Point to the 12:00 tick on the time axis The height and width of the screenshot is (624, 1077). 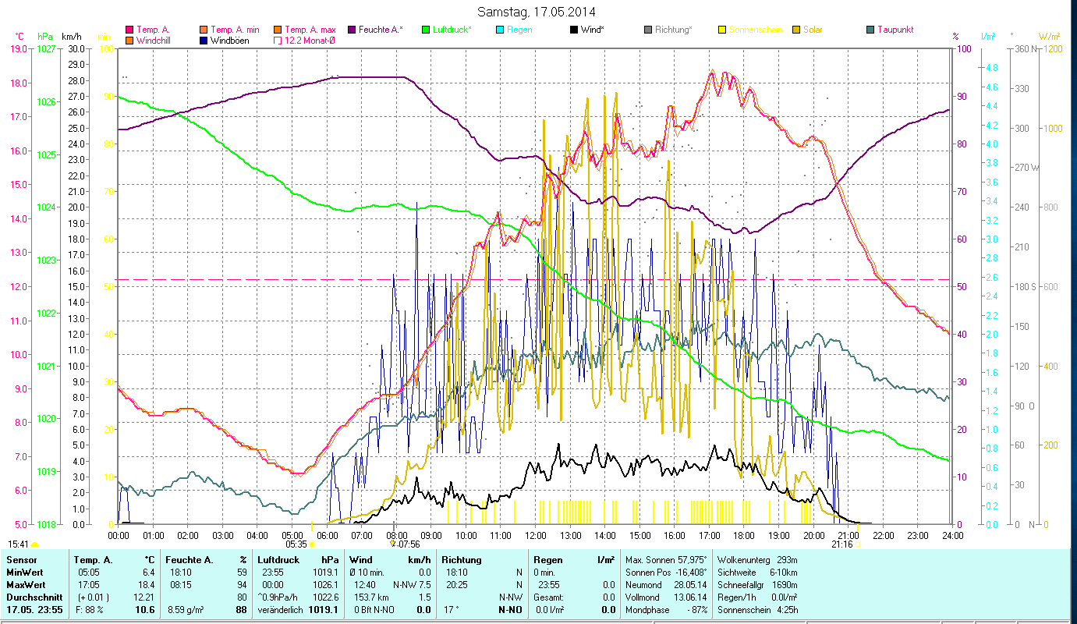click(x=536, y=536)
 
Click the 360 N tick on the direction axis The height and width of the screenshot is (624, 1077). click(x=1023, y=48)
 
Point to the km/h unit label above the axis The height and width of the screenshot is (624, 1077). click(x=71, y=37)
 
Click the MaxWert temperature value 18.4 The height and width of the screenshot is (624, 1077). click(x=147, y=584)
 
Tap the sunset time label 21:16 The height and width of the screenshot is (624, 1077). click(x=841, y=544)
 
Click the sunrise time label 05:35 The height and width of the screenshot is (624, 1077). click(x=296, y=544)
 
